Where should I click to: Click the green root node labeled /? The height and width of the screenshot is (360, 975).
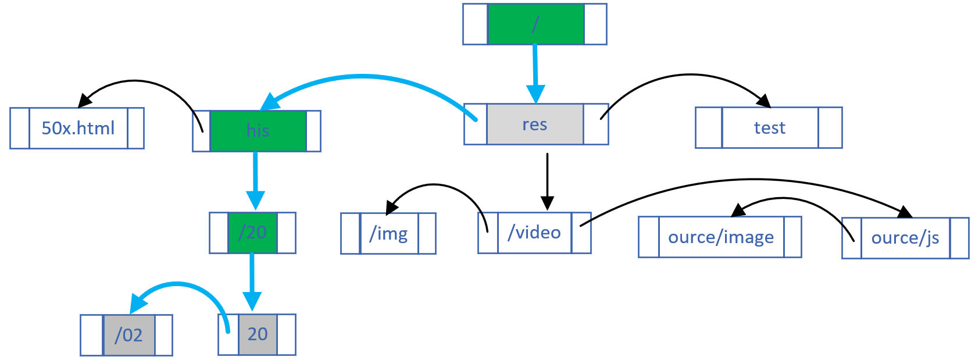tap(535, 24)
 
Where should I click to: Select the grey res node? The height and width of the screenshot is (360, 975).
tap(535, 124)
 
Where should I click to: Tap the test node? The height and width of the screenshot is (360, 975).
tap(769, 128)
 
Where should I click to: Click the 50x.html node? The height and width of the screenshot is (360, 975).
tap(78, 128)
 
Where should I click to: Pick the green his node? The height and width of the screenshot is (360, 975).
tap(258, 131)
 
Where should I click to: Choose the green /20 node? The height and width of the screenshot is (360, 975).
tap(252, 233)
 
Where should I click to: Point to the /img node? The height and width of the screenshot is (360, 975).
tap(388, 234)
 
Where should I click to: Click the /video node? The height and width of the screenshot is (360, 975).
tap(534, 233)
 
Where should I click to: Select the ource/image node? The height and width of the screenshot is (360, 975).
tap(720, 237)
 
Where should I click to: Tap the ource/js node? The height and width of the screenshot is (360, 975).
tap(905, 238)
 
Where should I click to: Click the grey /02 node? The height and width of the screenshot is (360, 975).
tap(128, 335)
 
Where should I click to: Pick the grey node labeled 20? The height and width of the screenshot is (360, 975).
tap(258, 334)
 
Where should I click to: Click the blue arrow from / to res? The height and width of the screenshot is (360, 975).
tap(535, 70)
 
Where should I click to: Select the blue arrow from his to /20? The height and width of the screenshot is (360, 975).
tap(255, 177)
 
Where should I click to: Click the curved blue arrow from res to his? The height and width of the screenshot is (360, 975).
tap(363, 76)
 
